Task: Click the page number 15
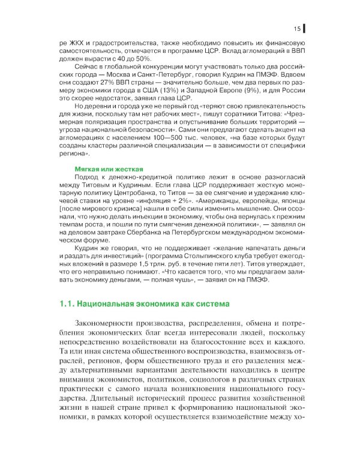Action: [x=297, y=28]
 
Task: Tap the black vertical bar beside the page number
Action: [x=304, y=28]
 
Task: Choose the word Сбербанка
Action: [x=147, y=237]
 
